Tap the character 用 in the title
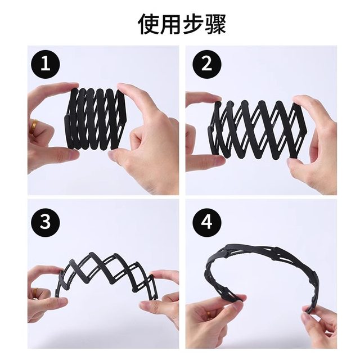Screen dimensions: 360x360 (x=169, y=24)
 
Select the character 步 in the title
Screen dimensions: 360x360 (x=191, y=24)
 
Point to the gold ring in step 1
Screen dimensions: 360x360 (x=34, y=125)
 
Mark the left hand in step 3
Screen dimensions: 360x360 (x=45, y=292)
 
